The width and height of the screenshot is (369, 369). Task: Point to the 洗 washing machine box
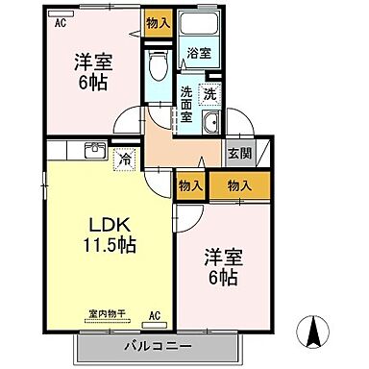point(209,94)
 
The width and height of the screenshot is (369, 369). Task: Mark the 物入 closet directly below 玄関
point(241,185)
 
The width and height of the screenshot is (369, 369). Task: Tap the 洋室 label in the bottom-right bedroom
point(222,258)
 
